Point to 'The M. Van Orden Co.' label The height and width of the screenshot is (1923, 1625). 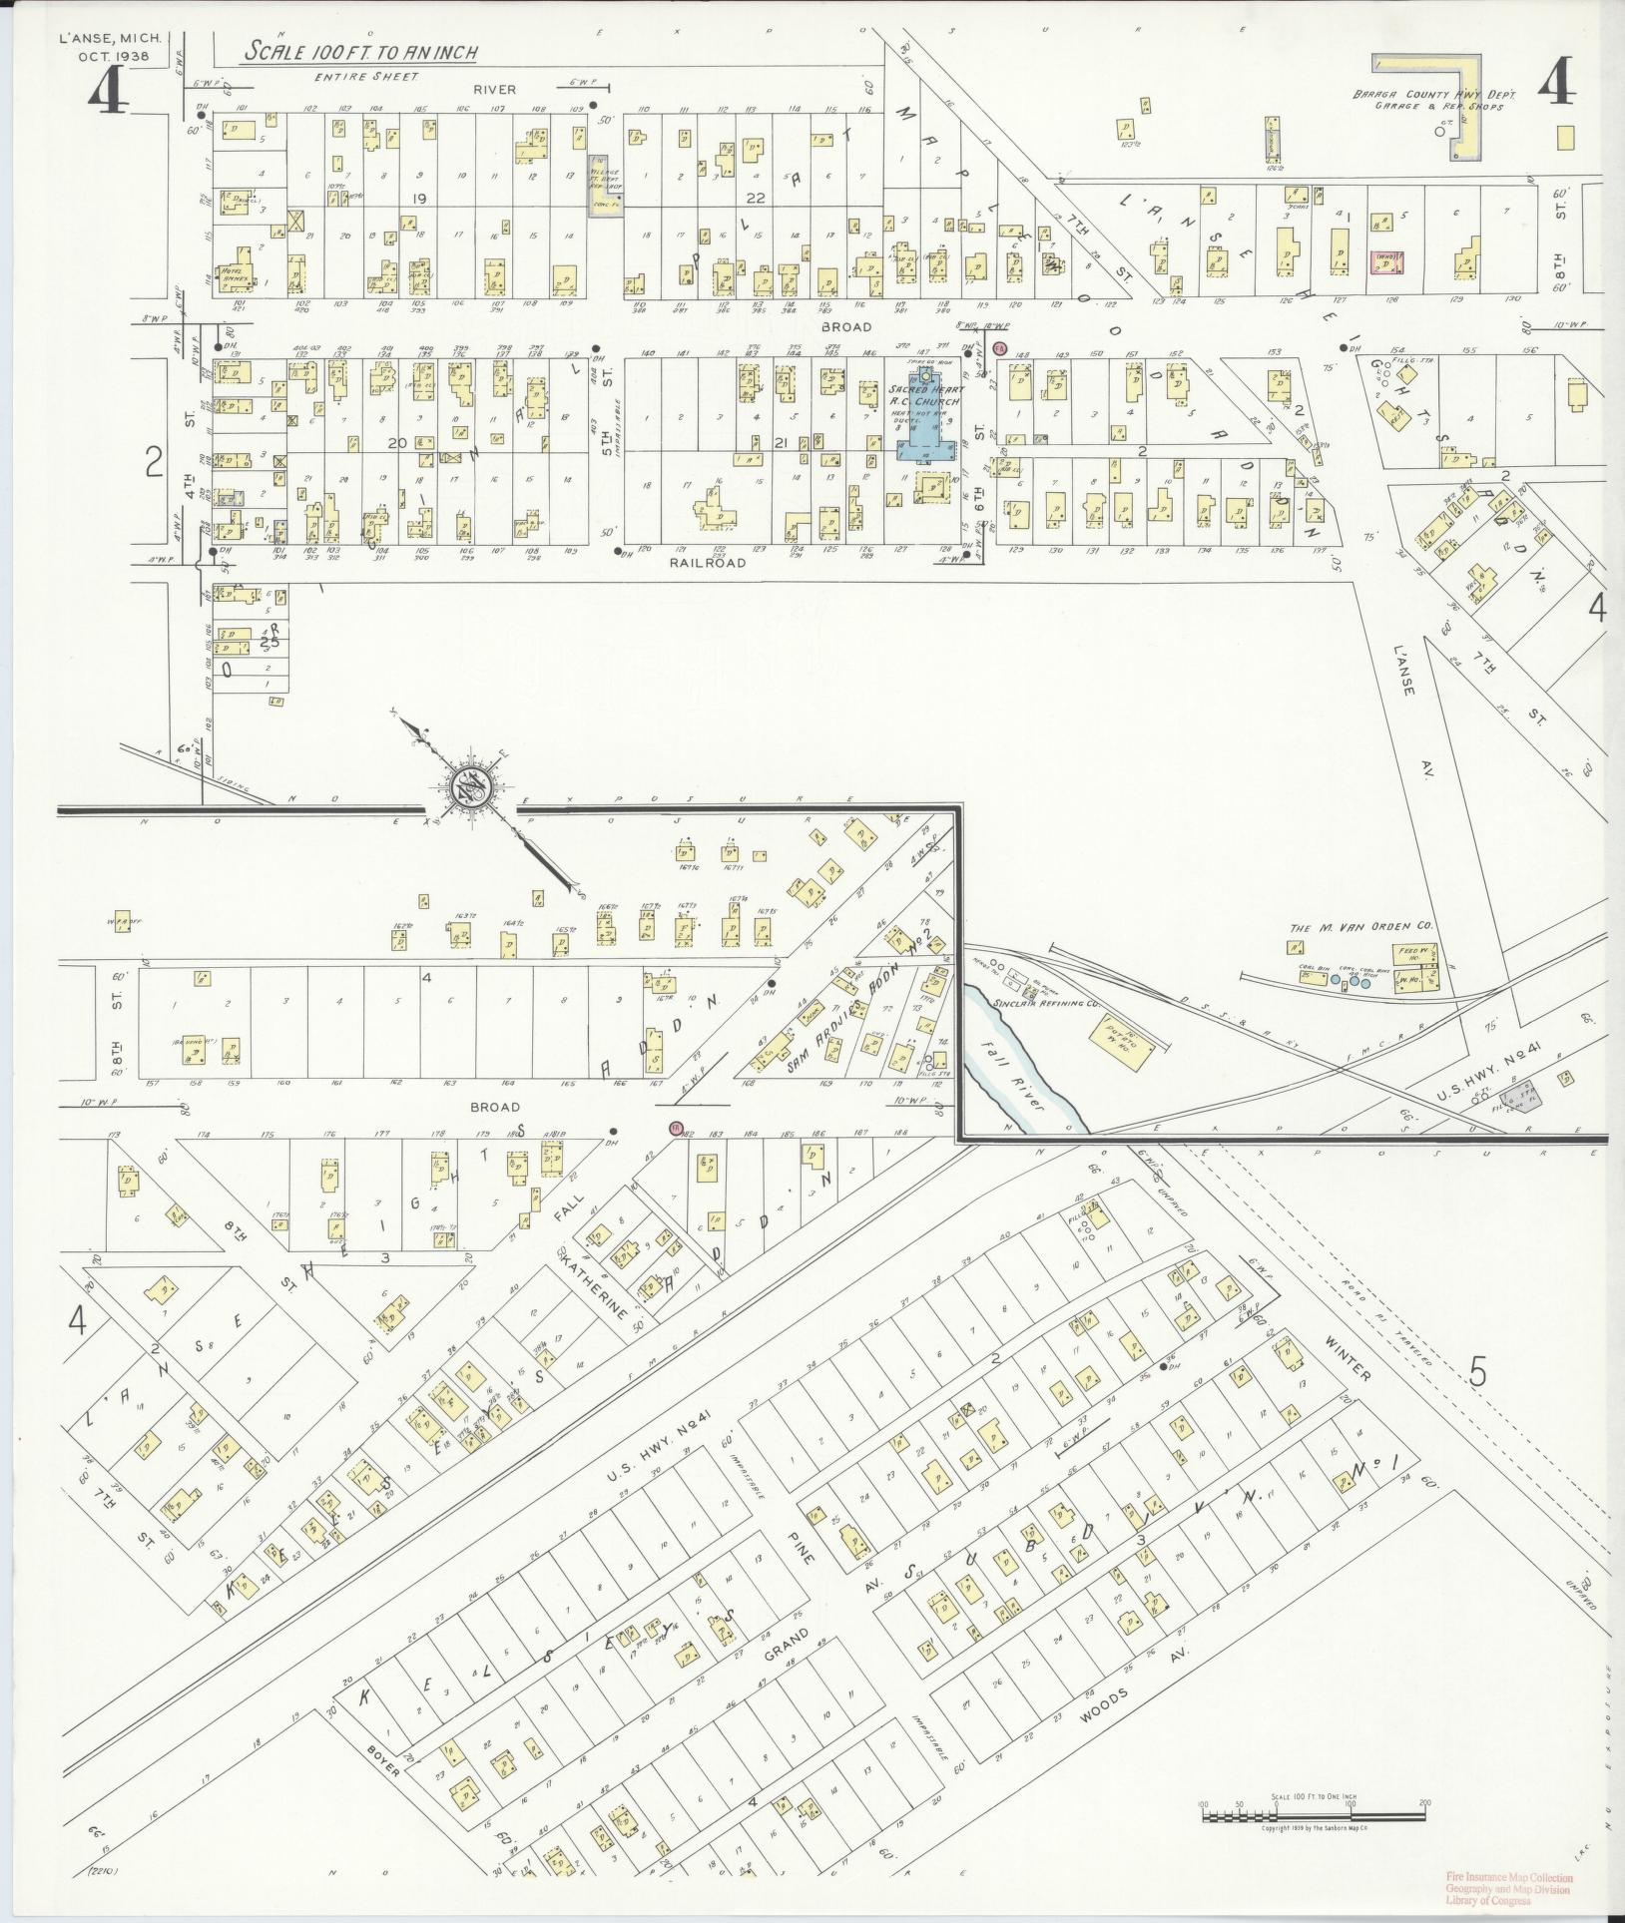(x=1360, y=928)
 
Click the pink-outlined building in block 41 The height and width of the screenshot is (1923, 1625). (x=1384, y=260)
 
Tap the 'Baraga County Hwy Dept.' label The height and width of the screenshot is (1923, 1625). (x=1434, y=94)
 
